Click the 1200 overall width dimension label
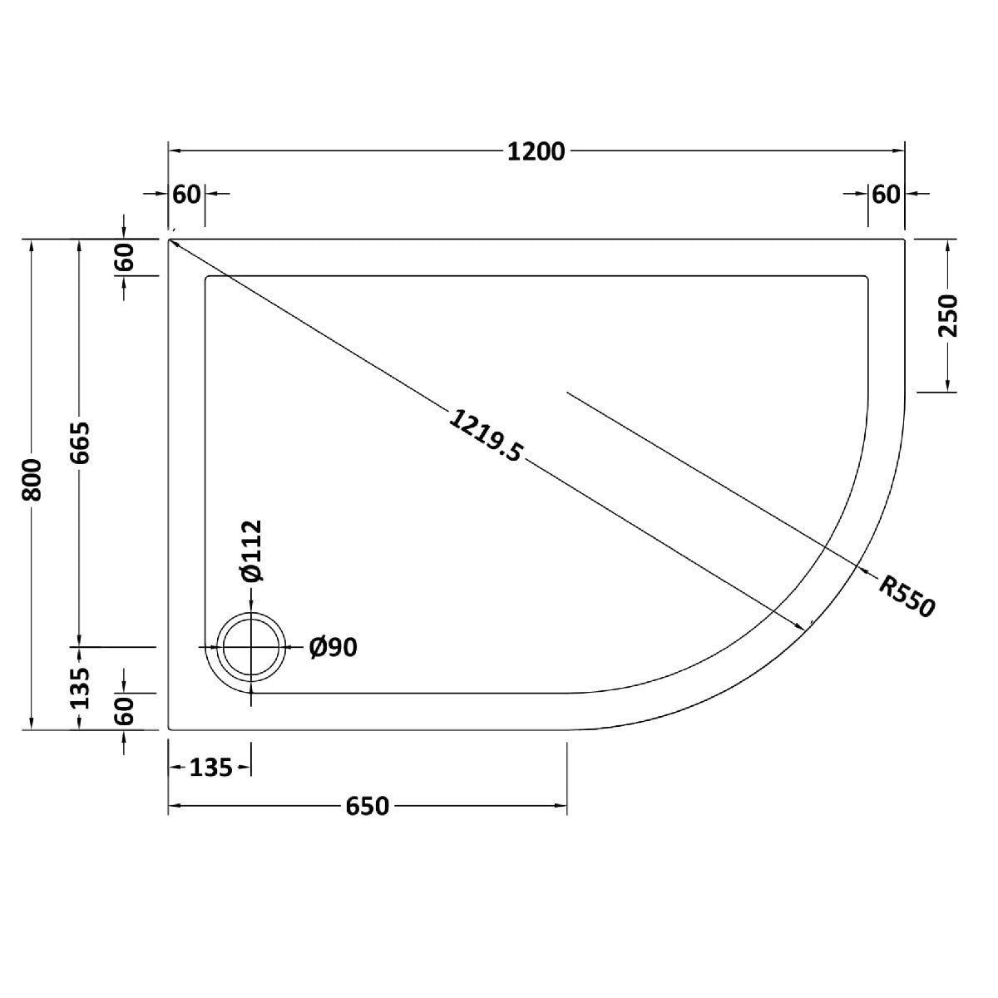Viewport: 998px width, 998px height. (x=536, y=151)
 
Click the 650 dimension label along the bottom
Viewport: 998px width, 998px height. (x=366, y=806)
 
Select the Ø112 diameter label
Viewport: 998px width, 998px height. (x=251, y=551)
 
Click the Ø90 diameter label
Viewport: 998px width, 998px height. (x=333, y=647)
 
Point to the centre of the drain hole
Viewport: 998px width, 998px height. (x=251, y=647)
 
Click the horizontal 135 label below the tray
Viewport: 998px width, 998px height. (x=210, y=768)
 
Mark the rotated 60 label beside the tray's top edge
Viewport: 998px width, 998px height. (x=125, y=259)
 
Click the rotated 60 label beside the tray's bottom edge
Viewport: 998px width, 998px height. (x=125, y=711)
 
